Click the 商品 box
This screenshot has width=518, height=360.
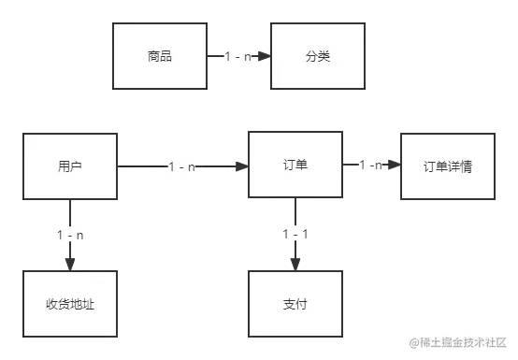click(159, 57)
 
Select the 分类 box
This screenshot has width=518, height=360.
click(316, 57)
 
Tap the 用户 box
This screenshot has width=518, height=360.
click(70, 166)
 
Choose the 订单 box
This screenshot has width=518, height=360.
click(295, 166)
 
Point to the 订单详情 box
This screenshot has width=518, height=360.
click(447, 166)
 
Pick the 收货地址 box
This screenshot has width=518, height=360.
click(70, 305)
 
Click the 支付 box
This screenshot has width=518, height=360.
click(295, 305)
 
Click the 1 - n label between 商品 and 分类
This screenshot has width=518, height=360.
click(237, 57)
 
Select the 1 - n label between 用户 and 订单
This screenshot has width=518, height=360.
click(182, 167)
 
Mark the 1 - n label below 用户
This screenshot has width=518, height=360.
click(70, 235)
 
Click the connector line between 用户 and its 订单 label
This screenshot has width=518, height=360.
click(140, 168)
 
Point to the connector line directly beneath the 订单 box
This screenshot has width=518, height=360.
click(295, 211)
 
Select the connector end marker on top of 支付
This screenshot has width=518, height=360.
click(295, 260)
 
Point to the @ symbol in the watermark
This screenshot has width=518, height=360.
click(413, 342)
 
